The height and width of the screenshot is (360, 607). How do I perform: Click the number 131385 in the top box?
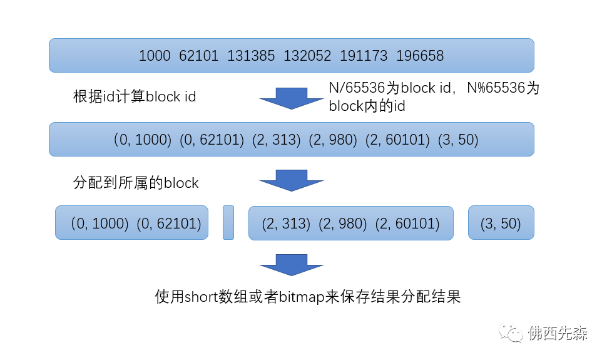[x=251, y=56]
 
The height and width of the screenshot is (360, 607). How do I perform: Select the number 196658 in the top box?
[x=420, y=56]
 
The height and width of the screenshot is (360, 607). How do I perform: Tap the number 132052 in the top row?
[x=307, y=56]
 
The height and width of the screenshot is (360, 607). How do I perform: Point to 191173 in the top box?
[x=364, y=56]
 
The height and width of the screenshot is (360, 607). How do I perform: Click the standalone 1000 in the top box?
[x=155, y=56]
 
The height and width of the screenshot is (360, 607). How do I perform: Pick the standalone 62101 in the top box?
[x=198, y=56]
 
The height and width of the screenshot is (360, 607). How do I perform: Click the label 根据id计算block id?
[x=135, y=96]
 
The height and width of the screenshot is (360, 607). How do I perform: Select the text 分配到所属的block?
[x=136, y=183]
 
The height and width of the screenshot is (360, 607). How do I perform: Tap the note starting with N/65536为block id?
[x=434, y=97]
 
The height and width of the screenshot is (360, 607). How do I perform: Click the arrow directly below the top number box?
[x=292, y=98]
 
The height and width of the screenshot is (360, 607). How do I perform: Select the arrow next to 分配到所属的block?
[x=292, y=180]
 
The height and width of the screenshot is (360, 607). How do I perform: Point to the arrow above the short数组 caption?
[x=292, y=265]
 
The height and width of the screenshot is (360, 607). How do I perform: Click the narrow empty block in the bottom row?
[x=228, y=222]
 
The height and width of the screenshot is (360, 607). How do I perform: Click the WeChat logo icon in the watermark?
[x=511, y=332]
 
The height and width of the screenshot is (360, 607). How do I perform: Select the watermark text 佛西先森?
[x=558, y=333]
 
